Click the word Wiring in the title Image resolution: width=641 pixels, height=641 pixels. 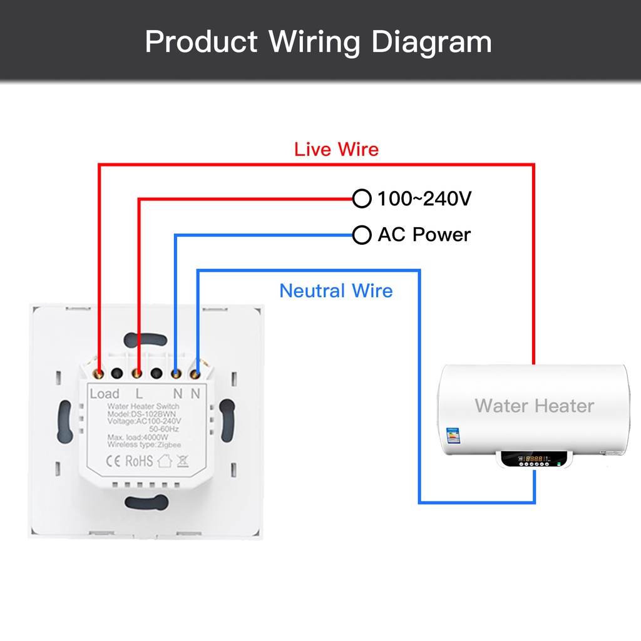pos(315,43)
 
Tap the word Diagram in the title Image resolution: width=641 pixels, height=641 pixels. pos(431,43)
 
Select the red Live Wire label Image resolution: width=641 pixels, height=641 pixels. pos(336,150)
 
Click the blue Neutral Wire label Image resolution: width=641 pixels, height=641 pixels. pos(336,290)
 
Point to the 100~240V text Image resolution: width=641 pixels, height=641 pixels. pos(424,199)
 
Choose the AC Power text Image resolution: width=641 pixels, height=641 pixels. pos(424,235)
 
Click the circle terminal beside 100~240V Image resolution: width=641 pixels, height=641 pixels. pos(362,199)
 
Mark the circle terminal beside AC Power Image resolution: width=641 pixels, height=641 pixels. pos(362,235)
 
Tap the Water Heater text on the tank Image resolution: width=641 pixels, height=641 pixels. pos(534,406)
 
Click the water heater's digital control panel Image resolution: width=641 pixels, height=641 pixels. pos(534,459)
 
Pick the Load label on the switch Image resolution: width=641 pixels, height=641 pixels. pos(104,394)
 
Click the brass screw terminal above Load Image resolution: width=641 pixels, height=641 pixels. pos(99,374)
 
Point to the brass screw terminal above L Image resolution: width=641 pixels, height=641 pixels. pos(138,374)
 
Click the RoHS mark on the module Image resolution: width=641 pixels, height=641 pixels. pos(139,461)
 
